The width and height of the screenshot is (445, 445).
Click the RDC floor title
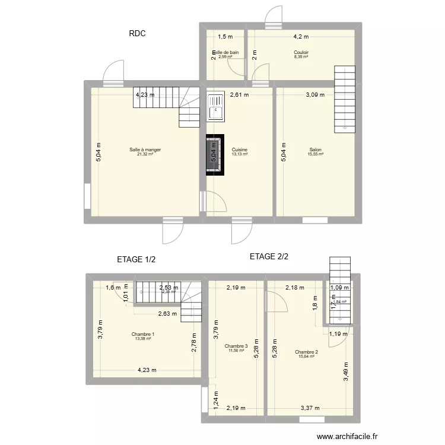pos(137,34)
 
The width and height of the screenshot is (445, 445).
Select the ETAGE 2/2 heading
pos(269,257)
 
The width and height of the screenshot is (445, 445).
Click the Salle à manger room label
pos(145,150)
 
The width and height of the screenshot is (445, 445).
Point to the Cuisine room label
pos(240,150)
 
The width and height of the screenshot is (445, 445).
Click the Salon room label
pos(316,150)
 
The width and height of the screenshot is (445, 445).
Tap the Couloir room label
pos(301,52)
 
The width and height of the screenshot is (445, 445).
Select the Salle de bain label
pos(226,52)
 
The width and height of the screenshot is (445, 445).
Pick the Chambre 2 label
pos(306,352)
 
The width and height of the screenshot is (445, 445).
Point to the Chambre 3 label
pos(236,346)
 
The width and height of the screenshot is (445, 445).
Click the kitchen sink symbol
pos(215,107)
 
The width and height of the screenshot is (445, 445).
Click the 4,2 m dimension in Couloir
pos(301,36)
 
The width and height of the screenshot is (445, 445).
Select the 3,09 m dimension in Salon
pos(315,94)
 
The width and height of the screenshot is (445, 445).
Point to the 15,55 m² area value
pos(316,154)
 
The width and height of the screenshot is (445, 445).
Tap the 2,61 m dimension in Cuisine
pos(240,94)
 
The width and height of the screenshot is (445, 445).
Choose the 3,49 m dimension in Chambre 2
pos(346,371)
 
